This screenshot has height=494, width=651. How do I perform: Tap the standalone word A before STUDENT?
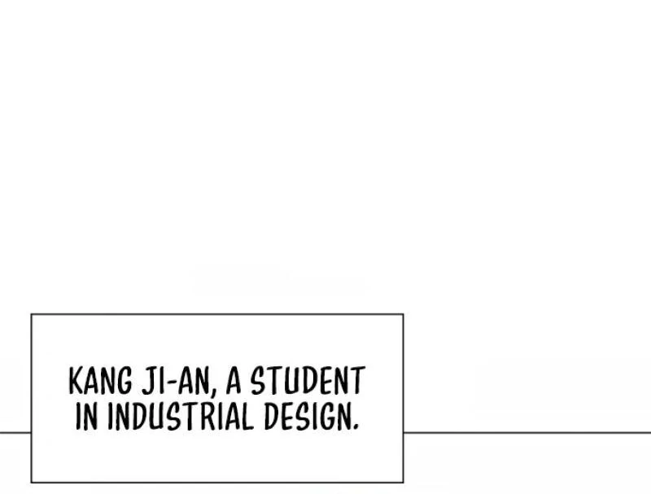point(234,380)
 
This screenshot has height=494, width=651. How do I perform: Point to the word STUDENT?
point(308,380)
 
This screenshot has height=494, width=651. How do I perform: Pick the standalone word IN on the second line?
point(87,416)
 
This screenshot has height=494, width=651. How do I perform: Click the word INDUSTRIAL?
point(181,416)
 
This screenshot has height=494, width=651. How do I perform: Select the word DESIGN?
point(307,416)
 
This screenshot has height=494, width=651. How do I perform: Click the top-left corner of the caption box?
point(32,315)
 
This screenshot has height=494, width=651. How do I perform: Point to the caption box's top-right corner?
point(403,315)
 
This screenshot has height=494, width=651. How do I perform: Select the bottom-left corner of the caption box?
point(32,483)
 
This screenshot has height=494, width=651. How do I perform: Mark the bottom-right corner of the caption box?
point(403,483)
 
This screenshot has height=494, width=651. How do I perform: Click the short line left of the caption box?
point(15,433)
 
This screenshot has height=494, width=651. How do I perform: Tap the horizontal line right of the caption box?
point(526,433)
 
